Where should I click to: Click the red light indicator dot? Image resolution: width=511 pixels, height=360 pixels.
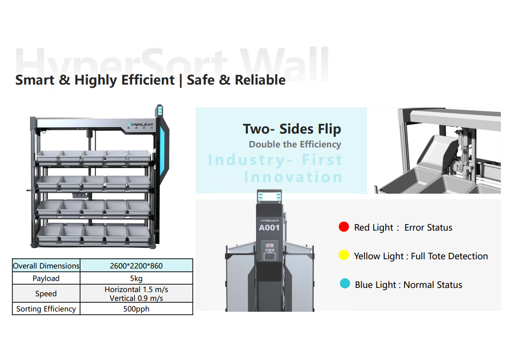click(x=344, y=227)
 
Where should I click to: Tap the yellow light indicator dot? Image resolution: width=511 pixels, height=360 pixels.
click(x=344, y=255)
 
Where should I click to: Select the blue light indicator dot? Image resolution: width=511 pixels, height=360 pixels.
click(x=345, y=283)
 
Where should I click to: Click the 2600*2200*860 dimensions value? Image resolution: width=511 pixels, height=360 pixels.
click(x=136, y=266)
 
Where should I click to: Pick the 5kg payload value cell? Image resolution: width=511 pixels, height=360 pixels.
click(x=136, y=279)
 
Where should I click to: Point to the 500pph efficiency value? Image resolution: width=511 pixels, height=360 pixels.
click(x=136, y=309)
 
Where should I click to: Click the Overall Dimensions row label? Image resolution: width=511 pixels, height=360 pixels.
click(x=46, y=266)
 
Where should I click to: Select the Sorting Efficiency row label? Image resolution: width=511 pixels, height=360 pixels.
click(x=46, y=309)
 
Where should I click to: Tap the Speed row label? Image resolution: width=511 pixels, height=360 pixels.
click(x=46, y=293)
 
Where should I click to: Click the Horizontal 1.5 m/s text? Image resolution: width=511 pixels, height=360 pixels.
click(x=136, y=289)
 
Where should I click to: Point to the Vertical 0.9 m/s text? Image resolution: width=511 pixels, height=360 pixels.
click(x=136, y=298)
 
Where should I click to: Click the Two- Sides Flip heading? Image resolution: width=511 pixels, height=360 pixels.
click(x=292, y=129)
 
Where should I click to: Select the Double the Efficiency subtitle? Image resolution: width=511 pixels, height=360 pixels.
click(x=295, y=144)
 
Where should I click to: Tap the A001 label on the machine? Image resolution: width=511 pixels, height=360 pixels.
click(x=269, y=228)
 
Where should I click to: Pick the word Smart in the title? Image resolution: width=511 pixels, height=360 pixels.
click(x=35, y=80)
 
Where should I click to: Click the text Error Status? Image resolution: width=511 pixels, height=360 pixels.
click(x=428, y=227)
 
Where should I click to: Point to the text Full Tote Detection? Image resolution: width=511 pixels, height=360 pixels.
click(x=449, y=256)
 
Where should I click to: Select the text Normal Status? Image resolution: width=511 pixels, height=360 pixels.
click(x=433, y=285)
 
